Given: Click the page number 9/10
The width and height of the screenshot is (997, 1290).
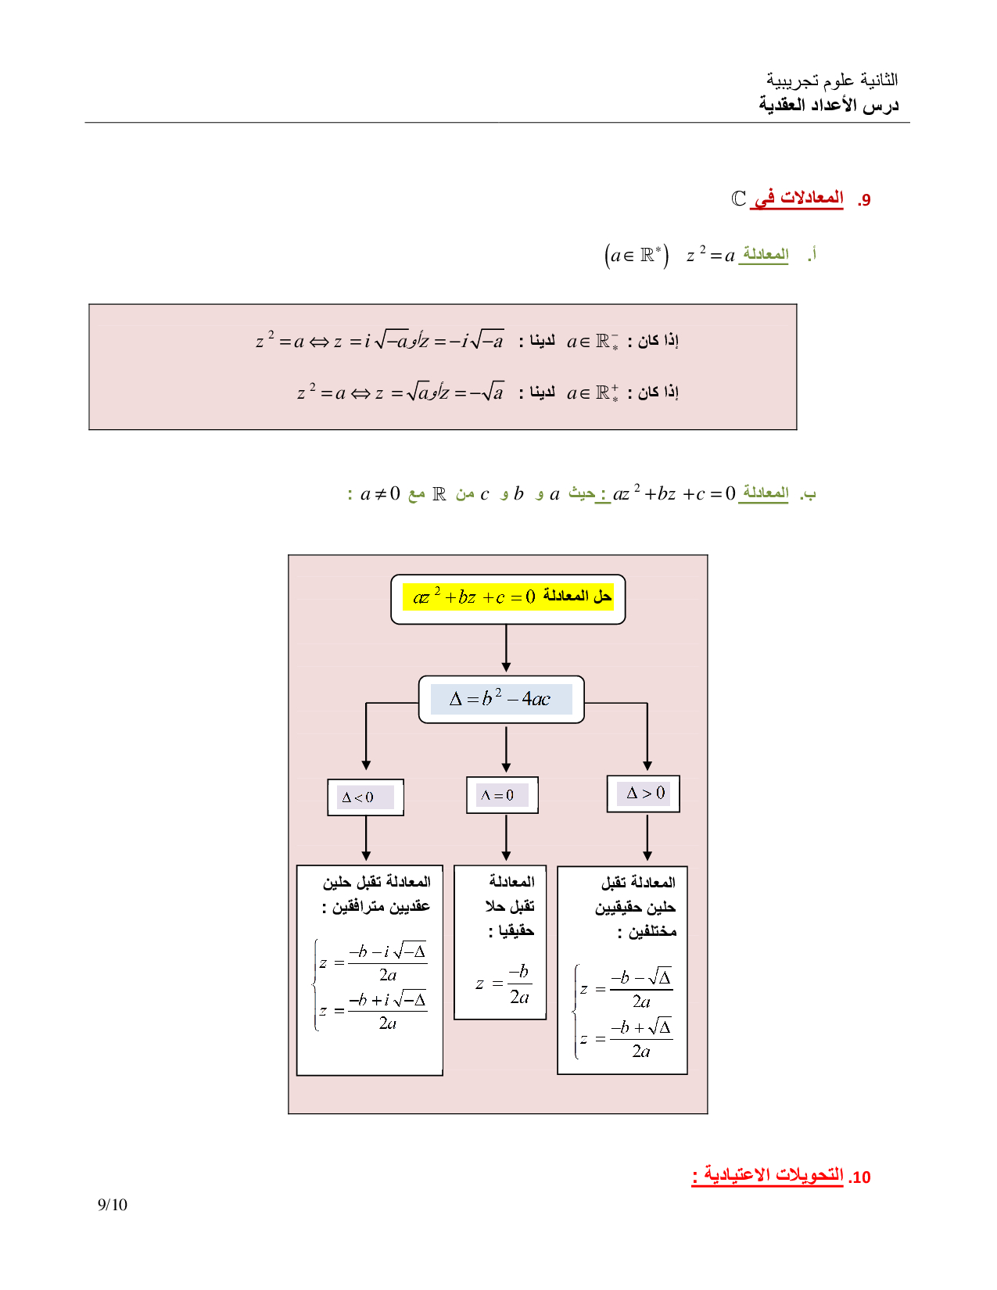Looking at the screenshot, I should point(112,1205).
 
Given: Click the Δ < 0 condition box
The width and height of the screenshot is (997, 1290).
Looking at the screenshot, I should point(365,797).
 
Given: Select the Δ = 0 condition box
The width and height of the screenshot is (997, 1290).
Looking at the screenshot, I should point(502,795).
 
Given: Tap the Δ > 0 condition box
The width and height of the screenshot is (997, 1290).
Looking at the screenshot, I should point(644,794).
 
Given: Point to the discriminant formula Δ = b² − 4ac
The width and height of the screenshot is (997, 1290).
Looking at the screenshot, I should point(501,699).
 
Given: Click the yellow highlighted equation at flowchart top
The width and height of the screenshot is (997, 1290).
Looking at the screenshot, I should point(507,597).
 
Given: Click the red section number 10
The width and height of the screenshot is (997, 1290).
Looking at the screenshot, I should point(859,1177).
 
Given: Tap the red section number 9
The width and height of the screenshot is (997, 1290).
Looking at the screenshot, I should point(864,200).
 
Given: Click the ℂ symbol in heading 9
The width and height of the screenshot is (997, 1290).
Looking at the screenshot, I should point(738,199).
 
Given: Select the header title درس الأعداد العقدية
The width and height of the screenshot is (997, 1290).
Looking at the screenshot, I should point(828,105).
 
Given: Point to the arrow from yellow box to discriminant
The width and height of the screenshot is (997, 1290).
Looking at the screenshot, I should point(506,649).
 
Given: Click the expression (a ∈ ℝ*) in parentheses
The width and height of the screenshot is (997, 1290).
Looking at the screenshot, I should point(637,256).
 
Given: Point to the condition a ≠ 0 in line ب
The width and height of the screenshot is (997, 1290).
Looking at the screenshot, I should point(380,494).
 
